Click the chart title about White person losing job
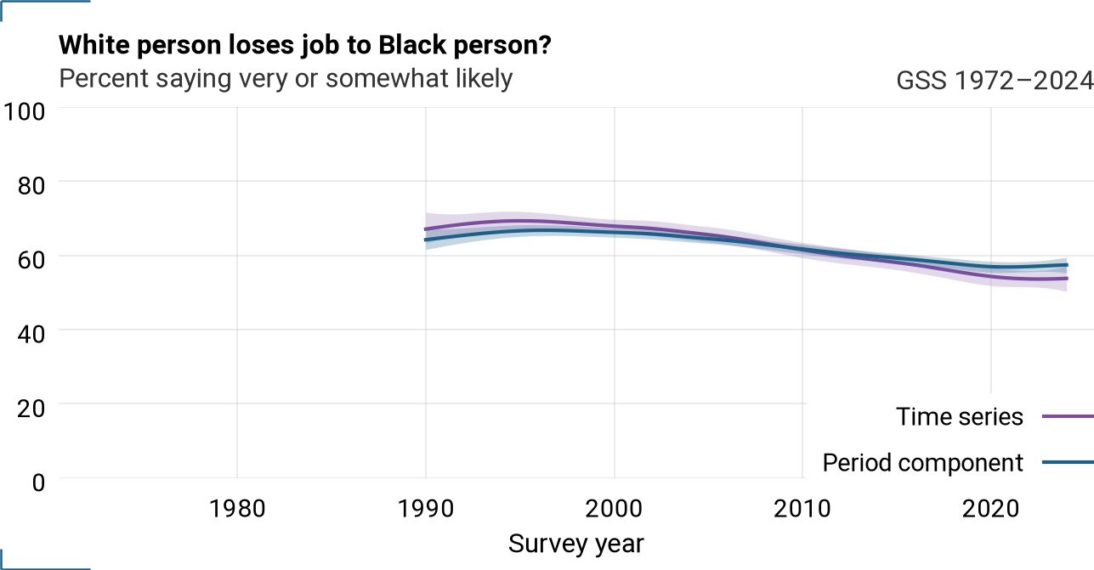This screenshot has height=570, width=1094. click(305, 45)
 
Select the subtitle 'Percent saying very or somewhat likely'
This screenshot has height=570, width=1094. click(286, 78)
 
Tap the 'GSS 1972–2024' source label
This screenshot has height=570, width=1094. click(995, 81)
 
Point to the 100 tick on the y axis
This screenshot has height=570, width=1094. click(24, 111)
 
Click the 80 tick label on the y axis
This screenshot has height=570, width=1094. click(31, 185)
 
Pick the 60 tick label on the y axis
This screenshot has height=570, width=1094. click(31, 260)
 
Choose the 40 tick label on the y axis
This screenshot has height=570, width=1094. click(31, 334)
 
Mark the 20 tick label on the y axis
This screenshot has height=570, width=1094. click(31, 408)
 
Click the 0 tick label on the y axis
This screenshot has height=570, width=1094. click(38, 483)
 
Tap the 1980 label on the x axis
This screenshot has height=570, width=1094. click(237, 509)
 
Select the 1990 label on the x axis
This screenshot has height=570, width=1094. click(426, 509)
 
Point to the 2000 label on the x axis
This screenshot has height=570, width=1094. click(614, 509)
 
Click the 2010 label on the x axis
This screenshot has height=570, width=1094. click(802, 509)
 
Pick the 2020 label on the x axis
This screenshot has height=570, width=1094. click(991, 509)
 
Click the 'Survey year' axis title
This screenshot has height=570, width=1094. click(576, 544)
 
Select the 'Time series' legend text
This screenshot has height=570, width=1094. click(960, 417)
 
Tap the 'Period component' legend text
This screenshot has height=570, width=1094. click(922, 463)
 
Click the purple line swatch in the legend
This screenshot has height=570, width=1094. click(1068, 417)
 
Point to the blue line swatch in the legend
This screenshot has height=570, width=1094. click(1068, 462)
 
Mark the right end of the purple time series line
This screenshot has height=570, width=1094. click(1067, 279)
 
